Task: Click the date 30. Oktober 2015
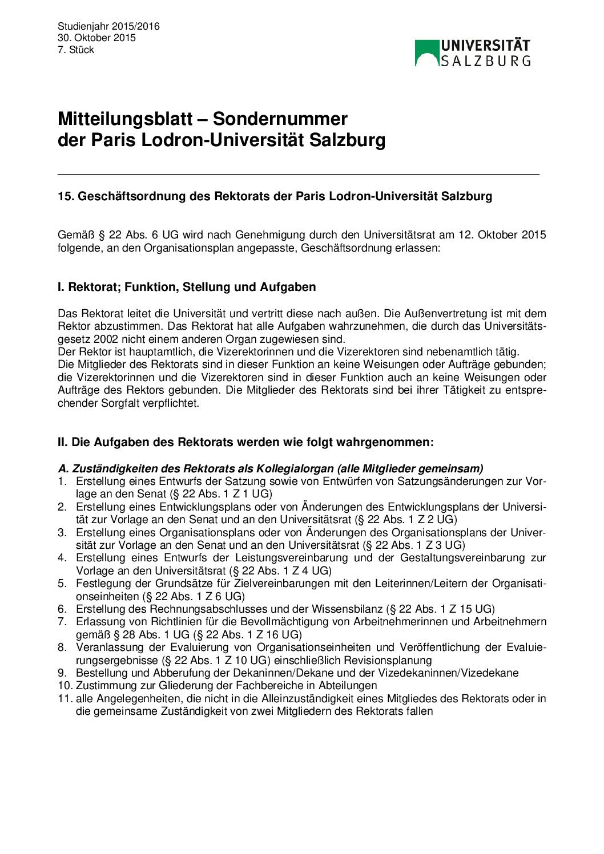(96, 38)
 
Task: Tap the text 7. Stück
(75, 50)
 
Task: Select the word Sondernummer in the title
(280, 119)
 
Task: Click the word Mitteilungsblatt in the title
(125, 119)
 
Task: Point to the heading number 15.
(65, 196)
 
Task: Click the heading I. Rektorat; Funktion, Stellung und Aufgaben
(187, 287)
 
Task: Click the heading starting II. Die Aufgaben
(245, 442)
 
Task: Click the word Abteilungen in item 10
(348, 685)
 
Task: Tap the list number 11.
(65, 698)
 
